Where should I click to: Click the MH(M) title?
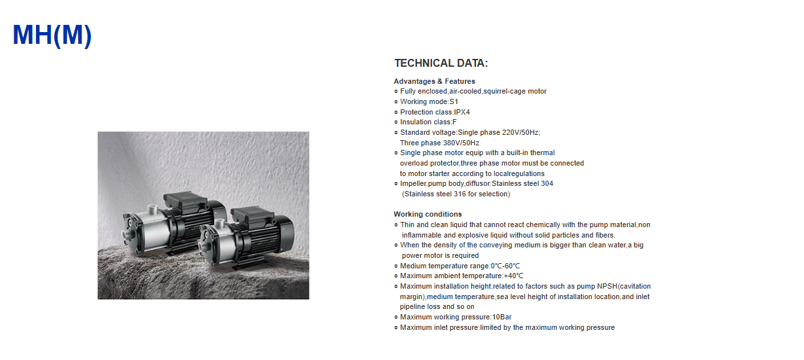(52, 35)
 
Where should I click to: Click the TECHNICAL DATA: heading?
(441, 63)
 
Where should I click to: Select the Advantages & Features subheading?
(434, 81)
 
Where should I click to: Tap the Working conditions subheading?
(428, 214)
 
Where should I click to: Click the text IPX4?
(462, 112)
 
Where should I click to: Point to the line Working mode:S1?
(429, 101)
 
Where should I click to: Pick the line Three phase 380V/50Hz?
(439, 143)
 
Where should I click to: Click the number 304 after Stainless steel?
(547, 183)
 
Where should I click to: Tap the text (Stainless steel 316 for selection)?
(456, 194)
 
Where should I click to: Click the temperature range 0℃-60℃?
(505, 266)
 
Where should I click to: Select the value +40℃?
(513, 276)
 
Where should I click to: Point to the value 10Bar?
(502, 317)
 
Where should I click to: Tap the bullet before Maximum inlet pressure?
(396, 327)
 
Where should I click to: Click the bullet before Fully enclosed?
(396, 92)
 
